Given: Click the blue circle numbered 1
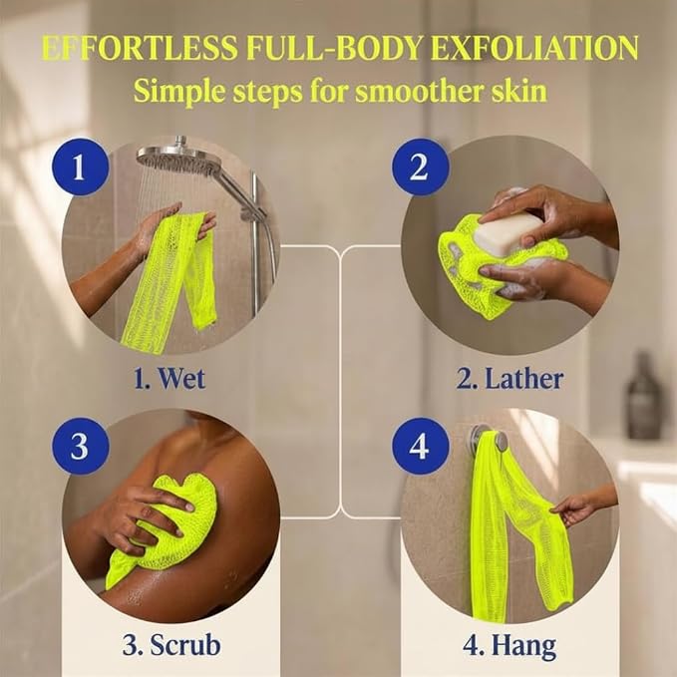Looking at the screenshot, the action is point(81,167).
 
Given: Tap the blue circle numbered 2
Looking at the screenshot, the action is point(420,167).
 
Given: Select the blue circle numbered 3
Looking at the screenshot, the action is point(81,446).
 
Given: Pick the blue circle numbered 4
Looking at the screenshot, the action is point(420,446).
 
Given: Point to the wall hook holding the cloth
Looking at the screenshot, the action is point(487,437).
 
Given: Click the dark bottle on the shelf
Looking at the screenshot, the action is point(643,396).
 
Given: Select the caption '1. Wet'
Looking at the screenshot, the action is point(169,378).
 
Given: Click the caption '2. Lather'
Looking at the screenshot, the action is point(509,378).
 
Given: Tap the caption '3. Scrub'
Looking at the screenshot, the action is point(171,645).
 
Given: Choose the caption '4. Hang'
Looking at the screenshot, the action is point(509,646).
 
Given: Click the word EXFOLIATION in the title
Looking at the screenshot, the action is point(534,47).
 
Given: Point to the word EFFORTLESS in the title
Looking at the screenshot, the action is point(140,47).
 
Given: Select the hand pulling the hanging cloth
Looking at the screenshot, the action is point(578,507).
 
